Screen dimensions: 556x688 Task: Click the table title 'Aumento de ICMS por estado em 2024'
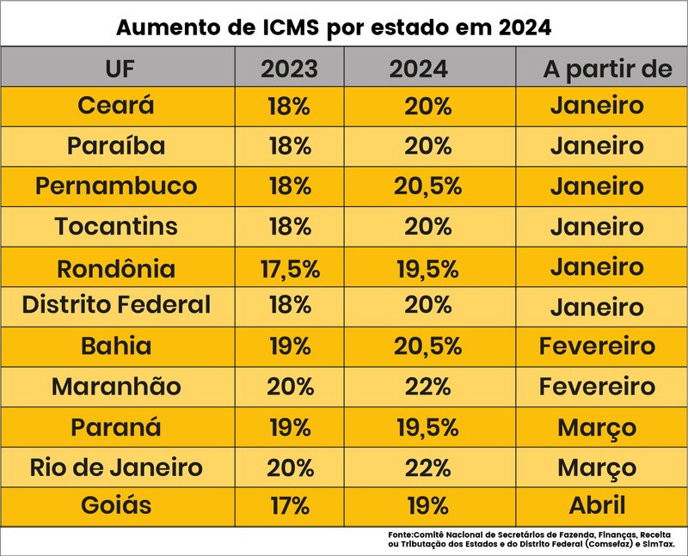[334, 27]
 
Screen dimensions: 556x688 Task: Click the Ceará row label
[116, 106]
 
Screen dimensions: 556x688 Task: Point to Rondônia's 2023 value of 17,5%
[289, 268]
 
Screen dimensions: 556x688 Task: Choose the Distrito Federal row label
[116, 305]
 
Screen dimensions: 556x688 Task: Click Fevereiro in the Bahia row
[597, 346]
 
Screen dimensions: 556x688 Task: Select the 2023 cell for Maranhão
[289, 386]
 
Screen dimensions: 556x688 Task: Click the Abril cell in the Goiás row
[597, 505]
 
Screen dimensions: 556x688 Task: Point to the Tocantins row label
[116, 227]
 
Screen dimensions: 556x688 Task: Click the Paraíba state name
[116, 146]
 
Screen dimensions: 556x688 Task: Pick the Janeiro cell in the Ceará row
[597, 106]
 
